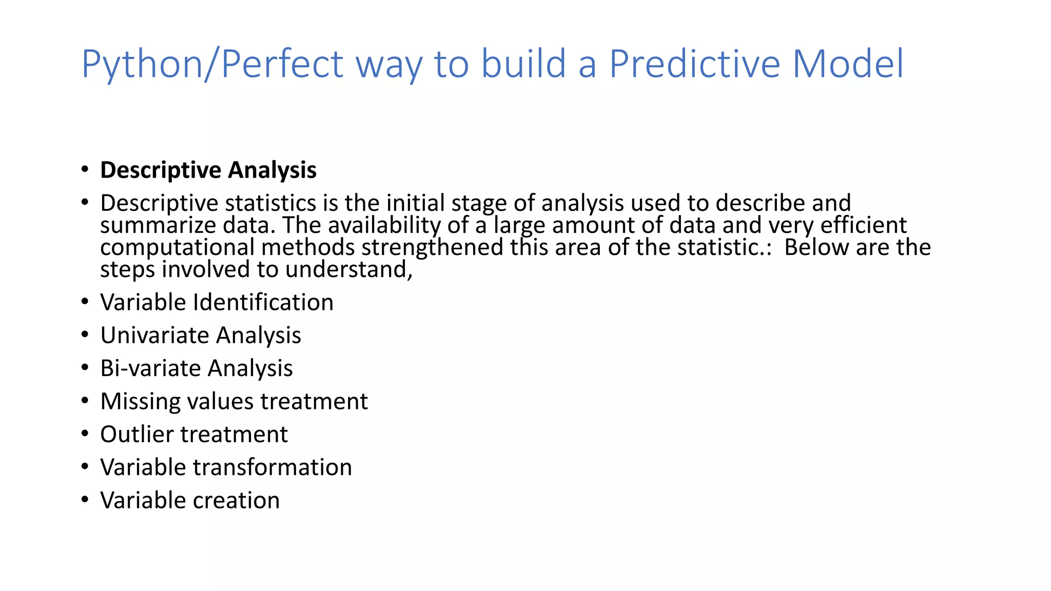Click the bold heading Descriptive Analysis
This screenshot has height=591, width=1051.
(x=208, y=170)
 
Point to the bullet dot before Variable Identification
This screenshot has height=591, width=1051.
(x=85, y=302)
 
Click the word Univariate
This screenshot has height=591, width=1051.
(x=154, y=336)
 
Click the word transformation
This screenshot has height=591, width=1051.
(x=272, y=467)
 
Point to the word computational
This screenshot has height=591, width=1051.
(x=177, y=248)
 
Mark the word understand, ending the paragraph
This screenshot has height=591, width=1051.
(x=348, y=270)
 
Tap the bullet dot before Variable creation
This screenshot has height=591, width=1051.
(x=85, y=500)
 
